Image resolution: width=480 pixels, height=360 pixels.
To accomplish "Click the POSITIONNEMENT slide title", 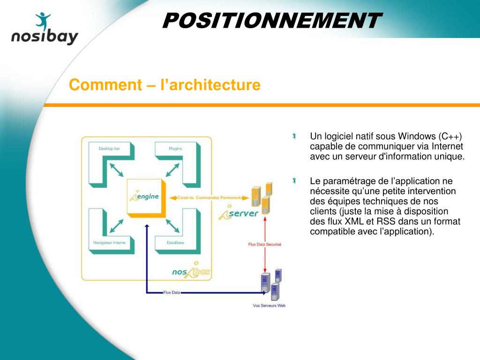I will pos(271,21).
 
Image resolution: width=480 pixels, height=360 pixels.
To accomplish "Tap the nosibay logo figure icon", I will pos(43,22).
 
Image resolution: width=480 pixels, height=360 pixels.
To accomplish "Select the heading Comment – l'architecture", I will pos(164,85).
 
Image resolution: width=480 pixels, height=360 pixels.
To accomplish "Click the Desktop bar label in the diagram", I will pos(109,149).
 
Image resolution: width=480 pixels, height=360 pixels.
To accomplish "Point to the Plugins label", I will pos(175,149).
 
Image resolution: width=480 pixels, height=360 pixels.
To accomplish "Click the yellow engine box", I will pos(145,197).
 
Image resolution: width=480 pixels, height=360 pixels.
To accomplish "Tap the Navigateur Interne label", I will pos(109,243).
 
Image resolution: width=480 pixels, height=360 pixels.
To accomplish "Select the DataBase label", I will pos(175,243).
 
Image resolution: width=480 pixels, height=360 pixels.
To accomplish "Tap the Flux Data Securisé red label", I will pos(265,244).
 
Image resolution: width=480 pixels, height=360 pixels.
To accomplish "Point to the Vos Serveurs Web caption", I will pos(269,306).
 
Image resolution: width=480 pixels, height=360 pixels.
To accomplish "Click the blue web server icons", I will pos(271,285).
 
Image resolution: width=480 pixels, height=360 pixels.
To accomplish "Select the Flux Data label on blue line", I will pos(172,292).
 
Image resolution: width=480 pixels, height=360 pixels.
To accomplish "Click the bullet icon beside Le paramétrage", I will pos(294,181).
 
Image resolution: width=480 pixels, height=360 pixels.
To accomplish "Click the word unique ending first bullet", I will pos(451,156).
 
